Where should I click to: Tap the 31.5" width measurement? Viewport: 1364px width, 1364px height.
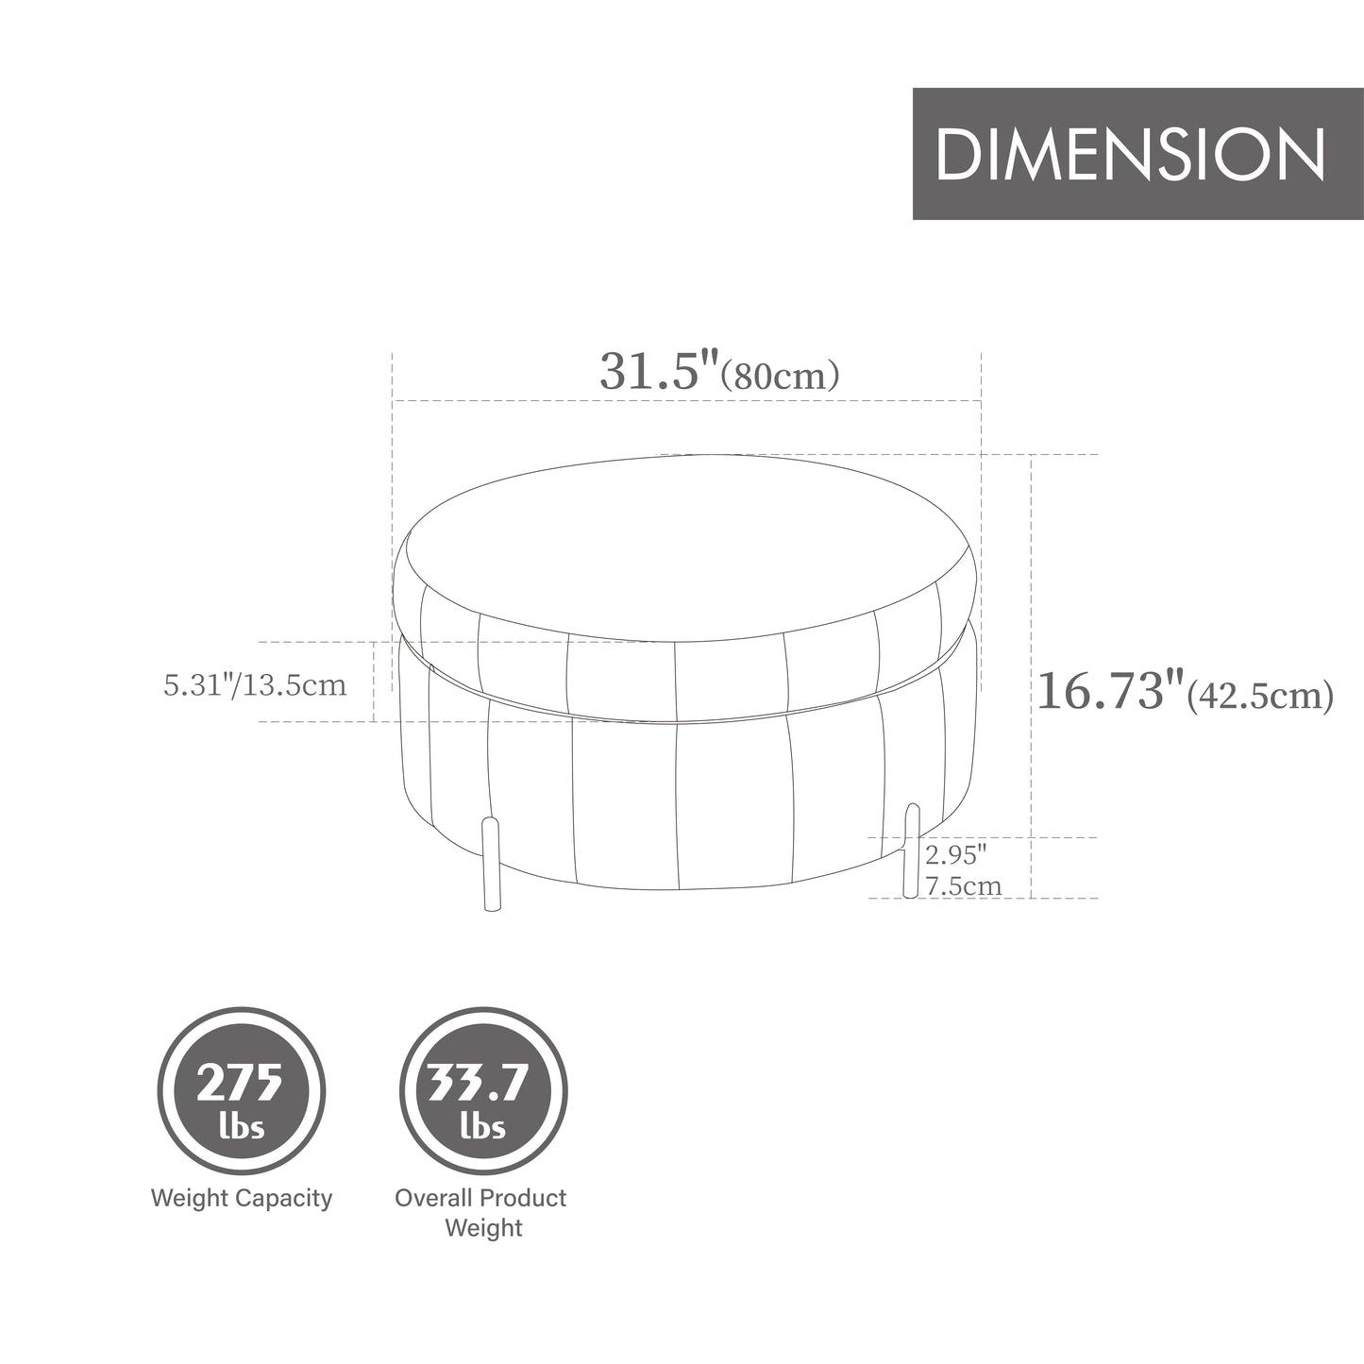pos(660,371)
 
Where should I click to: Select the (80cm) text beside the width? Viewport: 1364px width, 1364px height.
pos(780,376)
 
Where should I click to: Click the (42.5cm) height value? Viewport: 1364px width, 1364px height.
pos(1259,696)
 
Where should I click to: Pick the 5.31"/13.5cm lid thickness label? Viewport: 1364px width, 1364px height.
pos(255,684)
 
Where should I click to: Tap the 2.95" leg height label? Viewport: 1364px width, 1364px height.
pos(955,855)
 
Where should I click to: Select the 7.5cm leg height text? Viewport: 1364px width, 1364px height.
pos(963,886)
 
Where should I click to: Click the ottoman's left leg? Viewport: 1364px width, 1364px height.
pos(490,865)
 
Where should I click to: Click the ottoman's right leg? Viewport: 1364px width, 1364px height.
pos(911,850)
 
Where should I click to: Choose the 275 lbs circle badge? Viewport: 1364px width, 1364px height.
pos(241,1097)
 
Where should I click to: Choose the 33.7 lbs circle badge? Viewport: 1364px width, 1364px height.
pos(482,1097)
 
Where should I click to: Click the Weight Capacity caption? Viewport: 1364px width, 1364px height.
pos(242,1199)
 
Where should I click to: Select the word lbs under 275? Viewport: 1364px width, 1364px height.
pos(241,1127)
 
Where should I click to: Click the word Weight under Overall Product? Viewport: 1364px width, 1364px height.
pos(482,1228)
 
